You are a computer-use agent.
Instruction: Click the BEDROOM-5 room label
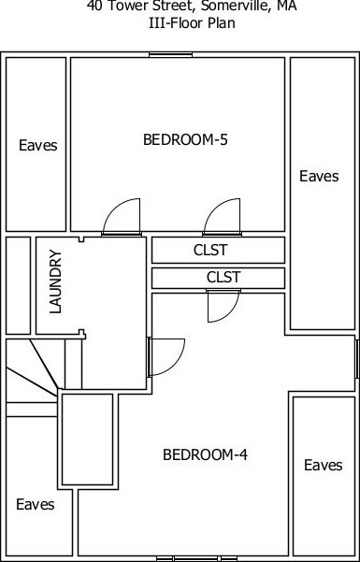click(x=185, y=140)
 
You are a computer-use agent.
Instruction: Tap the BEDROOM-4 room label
click(x=205, y=455)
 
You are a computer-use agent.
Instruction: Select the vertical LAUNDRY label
click(x=55, y=281)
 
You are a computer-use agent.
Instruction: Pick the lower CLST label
click(x=223, y=278)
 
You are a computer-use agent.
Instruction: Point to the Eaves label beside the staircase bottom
click(x=36, y=505)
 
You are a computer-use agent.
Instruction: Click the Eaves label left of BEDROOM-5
click(x=37, y=146)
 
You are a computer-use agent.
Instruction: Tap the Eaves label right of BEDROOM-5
click(x=319, y=176)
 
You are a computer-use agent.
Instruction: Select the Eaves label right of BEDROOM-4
click(x=323, y=465)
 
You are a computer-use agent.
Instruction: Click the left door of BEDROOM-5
click(x=121, y=218)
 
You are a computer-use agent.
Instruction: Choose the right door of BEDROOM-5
click(x=223, y=218)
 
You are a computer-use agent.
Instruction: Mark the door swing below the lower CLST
click(x=222, y=305)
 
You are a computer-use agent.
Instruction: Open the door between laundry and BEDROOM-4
click(x=165, y=355)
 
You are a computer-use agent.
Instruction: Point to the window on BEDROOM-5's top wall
click(x=170, y=54)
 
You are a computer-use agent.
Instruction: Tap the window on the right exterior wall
click(x=356, y=359)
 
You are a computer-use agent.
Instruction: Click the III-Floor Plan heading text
click(x=191, y=23)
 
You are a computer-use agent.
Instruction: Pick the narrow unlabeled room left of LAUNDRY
click(x=19, y=285)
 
